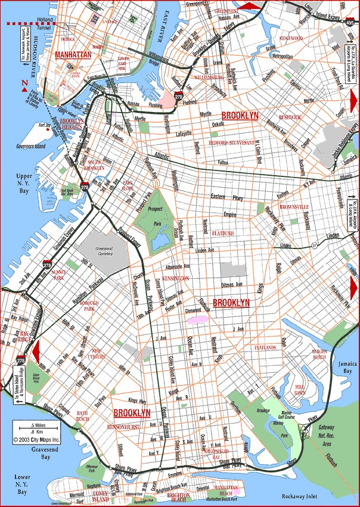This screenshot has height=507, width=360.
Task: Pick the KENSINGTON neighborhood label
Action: tap(175, 278)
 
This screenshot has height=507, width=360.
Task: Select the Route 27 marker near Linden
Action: tap(314, 245)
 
